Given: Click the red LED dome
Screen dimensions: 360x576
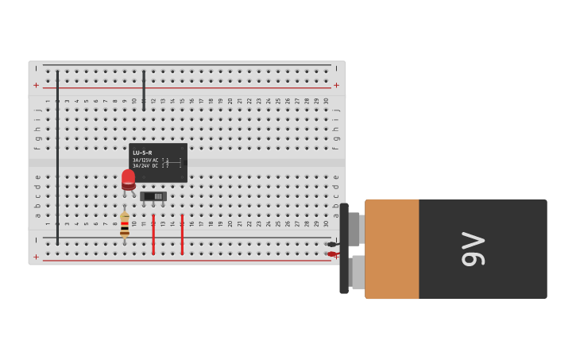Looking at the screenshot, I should coord(128,179).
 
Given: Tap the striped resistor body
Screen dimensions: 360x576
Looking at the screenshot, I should coord(125,225).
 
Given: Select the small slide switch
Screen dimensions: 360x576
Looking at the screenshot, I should coord(153,196).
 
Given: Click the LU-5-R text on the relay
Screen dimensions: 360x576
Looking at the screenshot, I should coord(142,153).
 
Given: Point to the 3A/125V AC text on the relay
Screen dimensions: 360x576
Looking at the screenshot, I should coord(145,160).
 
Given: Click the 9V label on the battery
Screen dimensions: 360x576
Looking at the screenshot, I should coord(473,249).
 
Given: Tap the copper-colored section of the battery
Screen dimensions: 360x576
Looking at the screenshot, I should coord(392,249).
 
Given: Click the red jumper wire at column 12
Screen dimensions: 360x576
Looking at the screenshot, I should coord(153,234).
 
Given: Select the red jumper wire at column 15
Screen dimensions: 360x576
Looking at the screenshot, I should coord(182,234).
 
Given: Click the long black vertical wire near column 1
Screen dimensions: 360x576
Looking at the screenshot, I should coord(57,159).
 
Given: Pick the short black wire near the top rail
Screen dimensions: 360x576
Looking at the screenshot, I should coord(144,87).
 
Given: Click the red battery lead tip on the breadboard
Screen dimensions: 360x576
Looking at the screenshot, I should coord(331,254).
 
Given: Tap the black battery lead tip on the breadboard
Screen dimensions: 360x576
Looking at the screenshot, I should coord(331,244).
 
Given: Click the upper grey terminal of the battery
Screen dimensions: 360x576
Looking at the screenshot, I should coord(354,229).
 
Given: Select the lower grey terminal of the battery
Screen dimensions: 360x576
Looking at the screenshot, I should coord(358,272).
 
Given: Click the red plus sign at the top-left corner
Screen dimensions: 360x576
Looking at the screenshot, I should coord(36,85).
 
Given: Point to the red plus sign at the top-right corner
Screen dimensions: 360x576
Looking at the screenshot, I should coord(336,85).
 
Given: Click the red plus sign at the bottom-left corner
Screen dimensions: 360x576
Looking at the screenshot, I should coord(36,257).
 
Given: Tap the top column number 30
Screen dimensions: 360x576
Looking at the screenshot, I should coord(326,101).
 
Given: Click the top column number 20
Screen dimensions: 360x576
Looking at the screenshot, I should coord(230,101).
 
